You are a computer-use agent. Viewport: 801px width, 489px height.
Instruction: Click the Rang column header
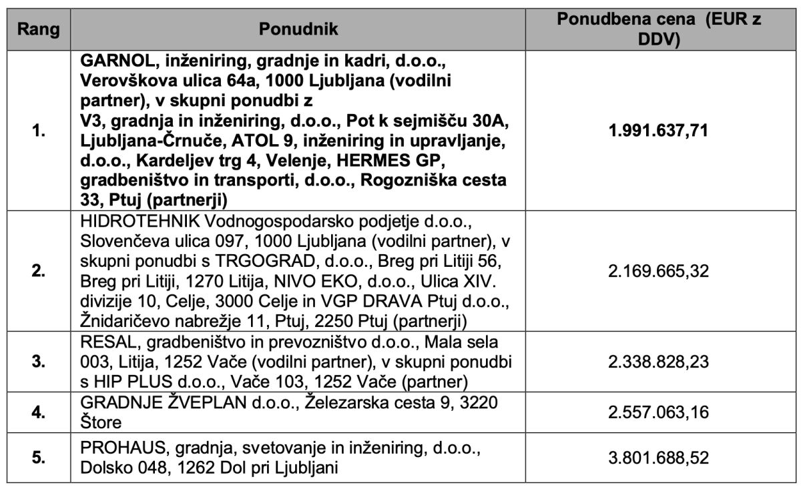(x=38, y=30)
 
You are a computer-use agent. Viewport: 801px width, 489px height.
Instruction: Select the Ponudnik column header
(x=298, y=30)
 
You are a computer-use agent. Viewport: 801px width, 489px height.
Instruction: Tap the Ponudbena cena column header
(x=659, y=30)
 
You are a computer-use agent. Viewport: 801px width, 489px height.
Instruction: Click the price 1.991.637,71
(x=659, y=130)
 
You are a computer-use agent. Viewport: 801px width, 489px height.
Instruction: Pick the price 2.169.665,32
(x=659, y=272)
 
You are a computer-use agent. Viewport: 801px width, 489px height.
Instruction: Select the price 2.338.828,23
(x=659, y=362)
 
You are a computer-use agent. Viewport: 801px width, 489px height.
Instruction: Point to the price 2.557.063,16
(x=659, y=412)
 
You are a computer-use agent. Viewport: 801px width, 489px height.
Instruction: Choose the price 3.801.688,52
(x=659, y=458)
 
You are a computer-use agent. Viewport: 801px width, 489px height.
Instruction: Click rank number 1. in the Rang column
(x=38, y=131)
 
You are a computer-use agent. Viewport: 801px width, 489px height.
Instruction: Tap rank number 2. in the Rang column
(x=38, y=272)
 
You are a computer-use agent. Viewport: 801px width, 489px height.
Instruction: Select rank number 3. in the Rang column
(x=38, y=362)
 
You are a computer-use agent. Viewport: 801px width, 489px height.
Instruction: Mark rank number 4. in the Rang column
(x=38, y=412)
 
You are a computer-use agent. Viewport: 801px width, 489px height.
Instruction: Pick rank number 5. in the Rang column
(x=38, y=458)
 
